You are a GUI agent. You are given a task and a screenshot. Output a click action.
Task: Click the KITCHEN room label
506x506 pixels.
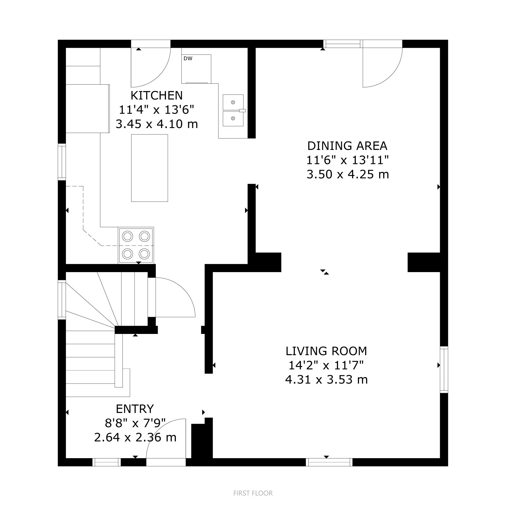tap(157, 96)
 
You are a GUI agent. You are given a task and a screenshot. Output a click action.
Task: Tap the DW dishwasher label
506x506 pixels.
tap(188, 59)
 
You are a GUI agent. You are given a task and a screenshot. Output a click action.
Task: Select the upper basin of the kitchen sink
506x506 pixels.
tap(233, 102)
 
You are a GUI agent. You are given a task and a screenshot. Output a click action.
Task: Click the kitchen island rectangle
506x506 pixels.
tap(149, 168)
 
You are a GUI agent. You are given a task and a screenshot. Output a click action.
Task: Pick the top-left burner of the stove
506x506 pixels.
tap(127, 236)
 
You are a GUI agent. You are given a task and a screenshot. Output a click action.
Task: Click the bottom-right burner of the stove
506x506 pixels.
tap(144, 254)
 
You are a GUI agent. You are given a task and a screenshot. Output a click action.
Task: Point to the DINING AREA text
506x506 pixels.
tap(347, 146)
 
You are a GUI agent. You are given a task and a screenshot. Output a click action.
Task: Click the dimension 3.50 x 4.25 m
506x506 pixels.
tap(348, 174)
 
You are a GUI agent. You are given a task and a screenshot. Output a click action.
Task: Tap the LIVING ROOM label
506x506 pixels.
tap(326, 351)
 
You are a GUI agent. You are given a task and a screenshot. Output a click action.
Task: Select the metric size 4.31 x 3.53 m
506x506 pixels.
tap(326, 380)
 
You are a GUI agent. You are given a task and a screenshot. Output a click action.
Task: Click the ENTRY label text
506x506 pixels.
tap(135, 409)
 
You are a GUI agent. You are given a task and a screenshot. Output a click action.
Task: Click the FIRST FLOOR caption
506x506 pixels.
tap(253, 493)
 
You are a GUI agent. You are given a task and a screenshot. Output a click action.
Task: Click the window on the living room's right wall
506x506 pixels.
tap(444, 370)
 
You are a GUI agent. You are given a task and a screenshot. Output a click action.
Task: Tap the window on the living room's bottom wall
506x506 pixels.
tap(329, 462)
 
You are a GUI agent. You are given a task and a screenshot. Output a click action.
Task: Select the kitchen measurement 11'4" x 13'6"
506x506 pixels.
tap(157, 110)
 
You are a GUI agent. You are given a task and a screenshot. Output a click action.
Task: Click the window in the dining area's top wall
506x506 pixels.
tap(343, 44)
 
